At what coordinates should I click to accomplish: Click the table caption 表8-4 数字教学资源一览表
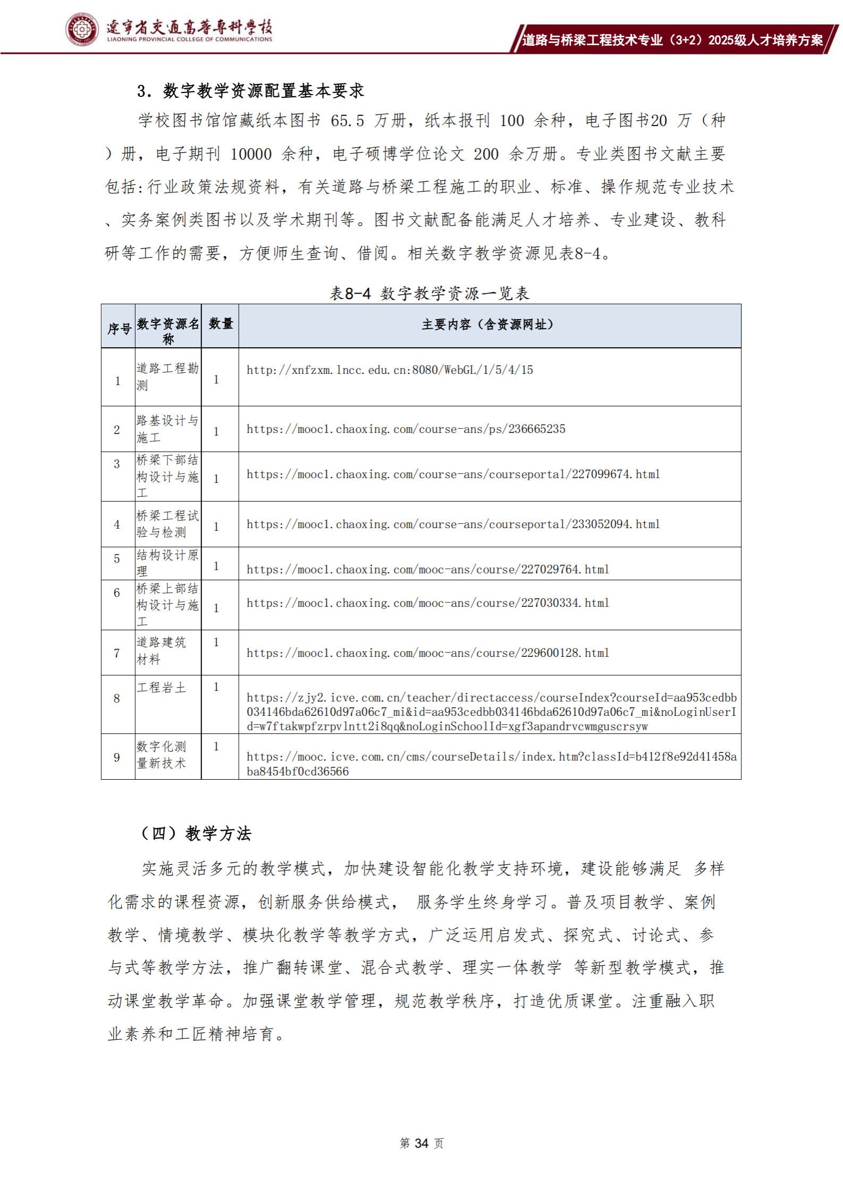(429, 293)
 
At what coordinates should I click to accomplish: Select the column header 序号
(119, 329)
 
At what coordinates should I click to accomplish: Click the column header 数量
(221, 323)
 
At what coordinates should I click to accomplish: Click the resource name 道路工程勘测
(167, 377)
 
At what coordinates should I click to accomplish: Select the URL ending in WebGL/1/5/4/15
(390, 370)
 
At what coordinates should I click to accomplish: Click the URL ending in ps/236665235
(406, 429)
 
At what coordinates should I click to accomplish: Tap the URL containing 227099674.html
(453, 474)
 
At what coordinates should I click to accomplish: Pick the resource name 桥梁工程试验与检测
(167, 524)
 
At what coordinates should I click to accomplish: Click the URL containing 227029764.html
(428, 570)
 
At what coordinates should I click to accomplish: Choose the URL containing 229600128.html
(428, 653)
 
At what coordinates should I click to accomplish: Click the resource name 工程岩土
(161, 688)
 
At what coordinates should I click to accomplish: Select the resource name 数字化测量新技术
(161, 755)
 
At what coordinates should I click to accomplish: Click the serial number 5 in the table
(117, 559)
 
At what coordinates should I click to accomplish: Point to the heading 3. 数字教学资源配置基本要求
(250, 91)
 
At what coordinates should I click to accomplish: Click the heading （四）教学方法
(195, 833)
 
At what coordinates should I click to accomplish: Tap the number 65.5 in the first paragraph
(347, 121)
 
